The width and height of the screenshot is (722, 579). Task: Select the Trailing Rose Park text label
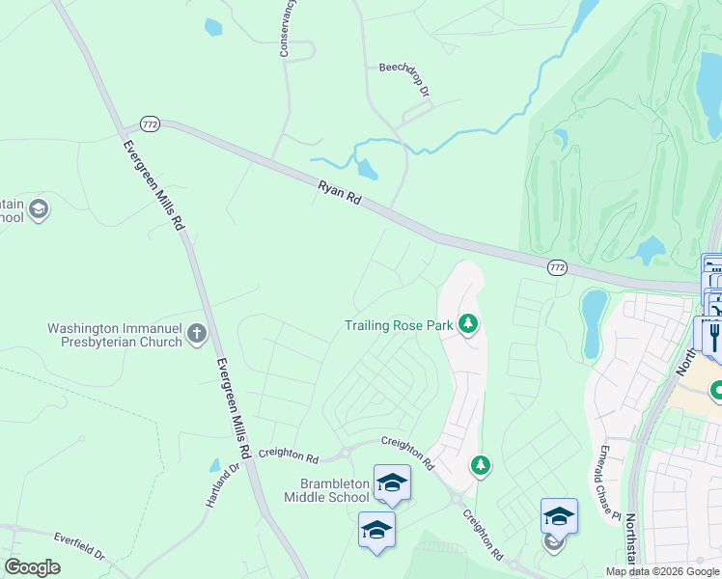point(399,325)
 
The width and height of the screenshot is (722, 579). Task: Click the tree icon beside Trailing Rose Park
point(468,323)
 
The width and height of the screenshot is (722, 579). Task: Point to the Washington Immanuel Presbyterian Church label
point(115,335)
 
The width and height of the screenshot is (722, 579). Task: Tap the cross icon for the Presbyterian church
point(197,334)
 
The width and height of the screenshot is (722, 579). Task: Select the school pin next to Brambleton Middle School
point(392,482)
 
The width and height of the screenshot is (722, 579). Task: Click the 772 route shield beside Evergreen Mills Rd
point(150,124)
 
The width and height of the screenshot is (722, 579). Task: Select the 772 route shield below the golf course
point(557,267)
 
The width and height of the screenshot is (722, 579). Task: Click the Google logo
point(32,567)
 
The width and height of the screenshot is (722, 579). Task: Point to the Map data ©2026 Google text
point(662,571)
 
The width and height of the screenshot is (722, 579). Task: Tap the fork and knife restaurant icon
point(714,335)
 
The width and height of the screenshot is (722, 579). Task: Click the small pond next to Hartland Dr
point(214,465)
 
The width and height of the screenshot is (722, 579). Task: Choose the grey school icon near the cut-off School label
point(39,209)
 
